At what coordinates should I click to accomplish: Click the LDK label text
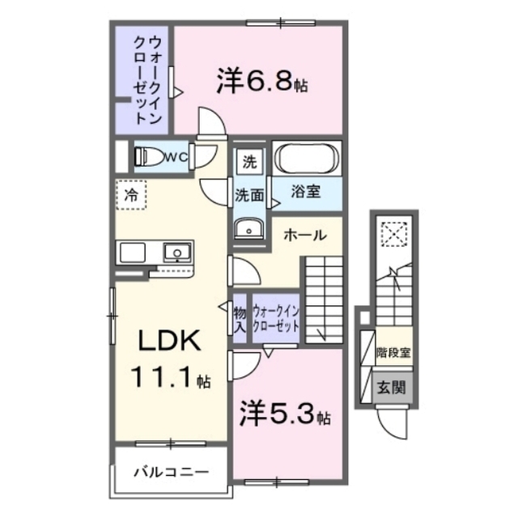(169, 341)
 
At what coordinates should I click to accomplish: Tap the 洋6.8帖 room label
(262, 81)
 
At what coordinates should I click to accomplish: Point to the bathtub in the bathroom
(308, 159)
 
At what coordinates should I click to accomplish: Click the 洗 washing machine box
(250, 162)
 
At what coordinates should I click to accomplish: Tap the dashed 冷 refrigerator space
(131, 195)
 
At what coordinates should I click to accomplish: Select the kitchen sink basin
(177, 253)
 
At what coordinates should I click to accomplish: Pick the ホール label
(305, 236)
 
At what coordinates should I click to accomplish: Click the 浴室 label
(306, 191)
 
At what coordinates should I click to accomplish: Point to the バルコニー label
(171, 472)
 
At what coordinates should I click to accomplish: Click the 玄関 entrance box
(393, 387)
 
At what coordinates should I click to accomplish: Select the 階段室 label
(393, 353)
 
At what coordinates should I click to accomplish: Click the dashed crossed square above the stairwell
(394, 234)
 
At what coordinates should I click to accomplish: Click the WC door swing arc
(206, 158)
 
